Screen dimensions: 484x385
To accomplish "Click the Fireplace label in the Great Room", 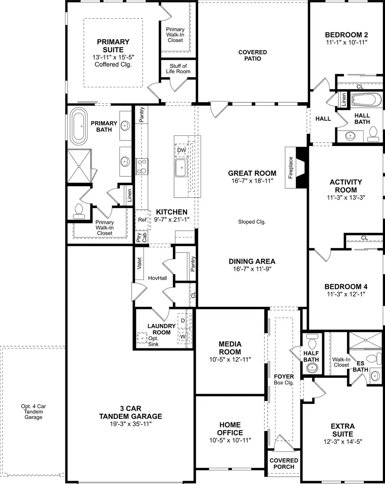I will coord(291,167).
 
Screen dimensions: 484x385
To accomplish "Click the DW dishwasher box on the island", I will coord(181,150).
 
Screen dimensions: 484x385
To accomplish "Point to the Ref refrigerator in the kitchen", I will coord(142,220).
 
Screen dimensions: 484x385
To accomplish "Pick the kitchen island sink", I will coord(181,168).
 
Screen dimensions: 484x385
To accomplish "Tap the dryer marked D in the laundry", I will coord(183,321).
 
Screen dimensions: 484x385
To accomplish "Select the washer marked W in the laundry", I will coord(183,336).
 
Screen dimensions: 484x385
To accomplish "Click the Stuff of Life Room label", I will coord(178,69).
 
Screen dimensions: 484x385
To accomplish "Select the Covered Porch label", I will coord(284,463).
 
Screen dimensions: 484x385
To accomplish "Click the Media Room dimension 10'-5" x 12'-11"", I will coord(230,359).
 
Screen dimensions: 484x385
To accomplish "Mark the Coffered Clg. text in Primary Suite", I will coord(113,65).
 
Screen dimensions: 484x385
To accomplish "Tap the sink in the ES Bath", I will coord(375,376).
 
